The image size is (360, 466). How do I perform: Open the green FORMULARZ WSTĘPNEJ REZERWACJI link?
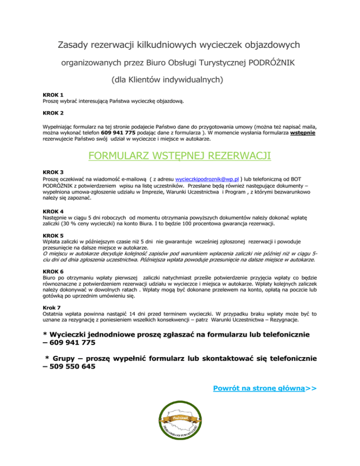(180, 156)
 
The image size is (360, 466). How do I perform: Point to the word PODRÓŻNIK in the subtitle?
(273, 62)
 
